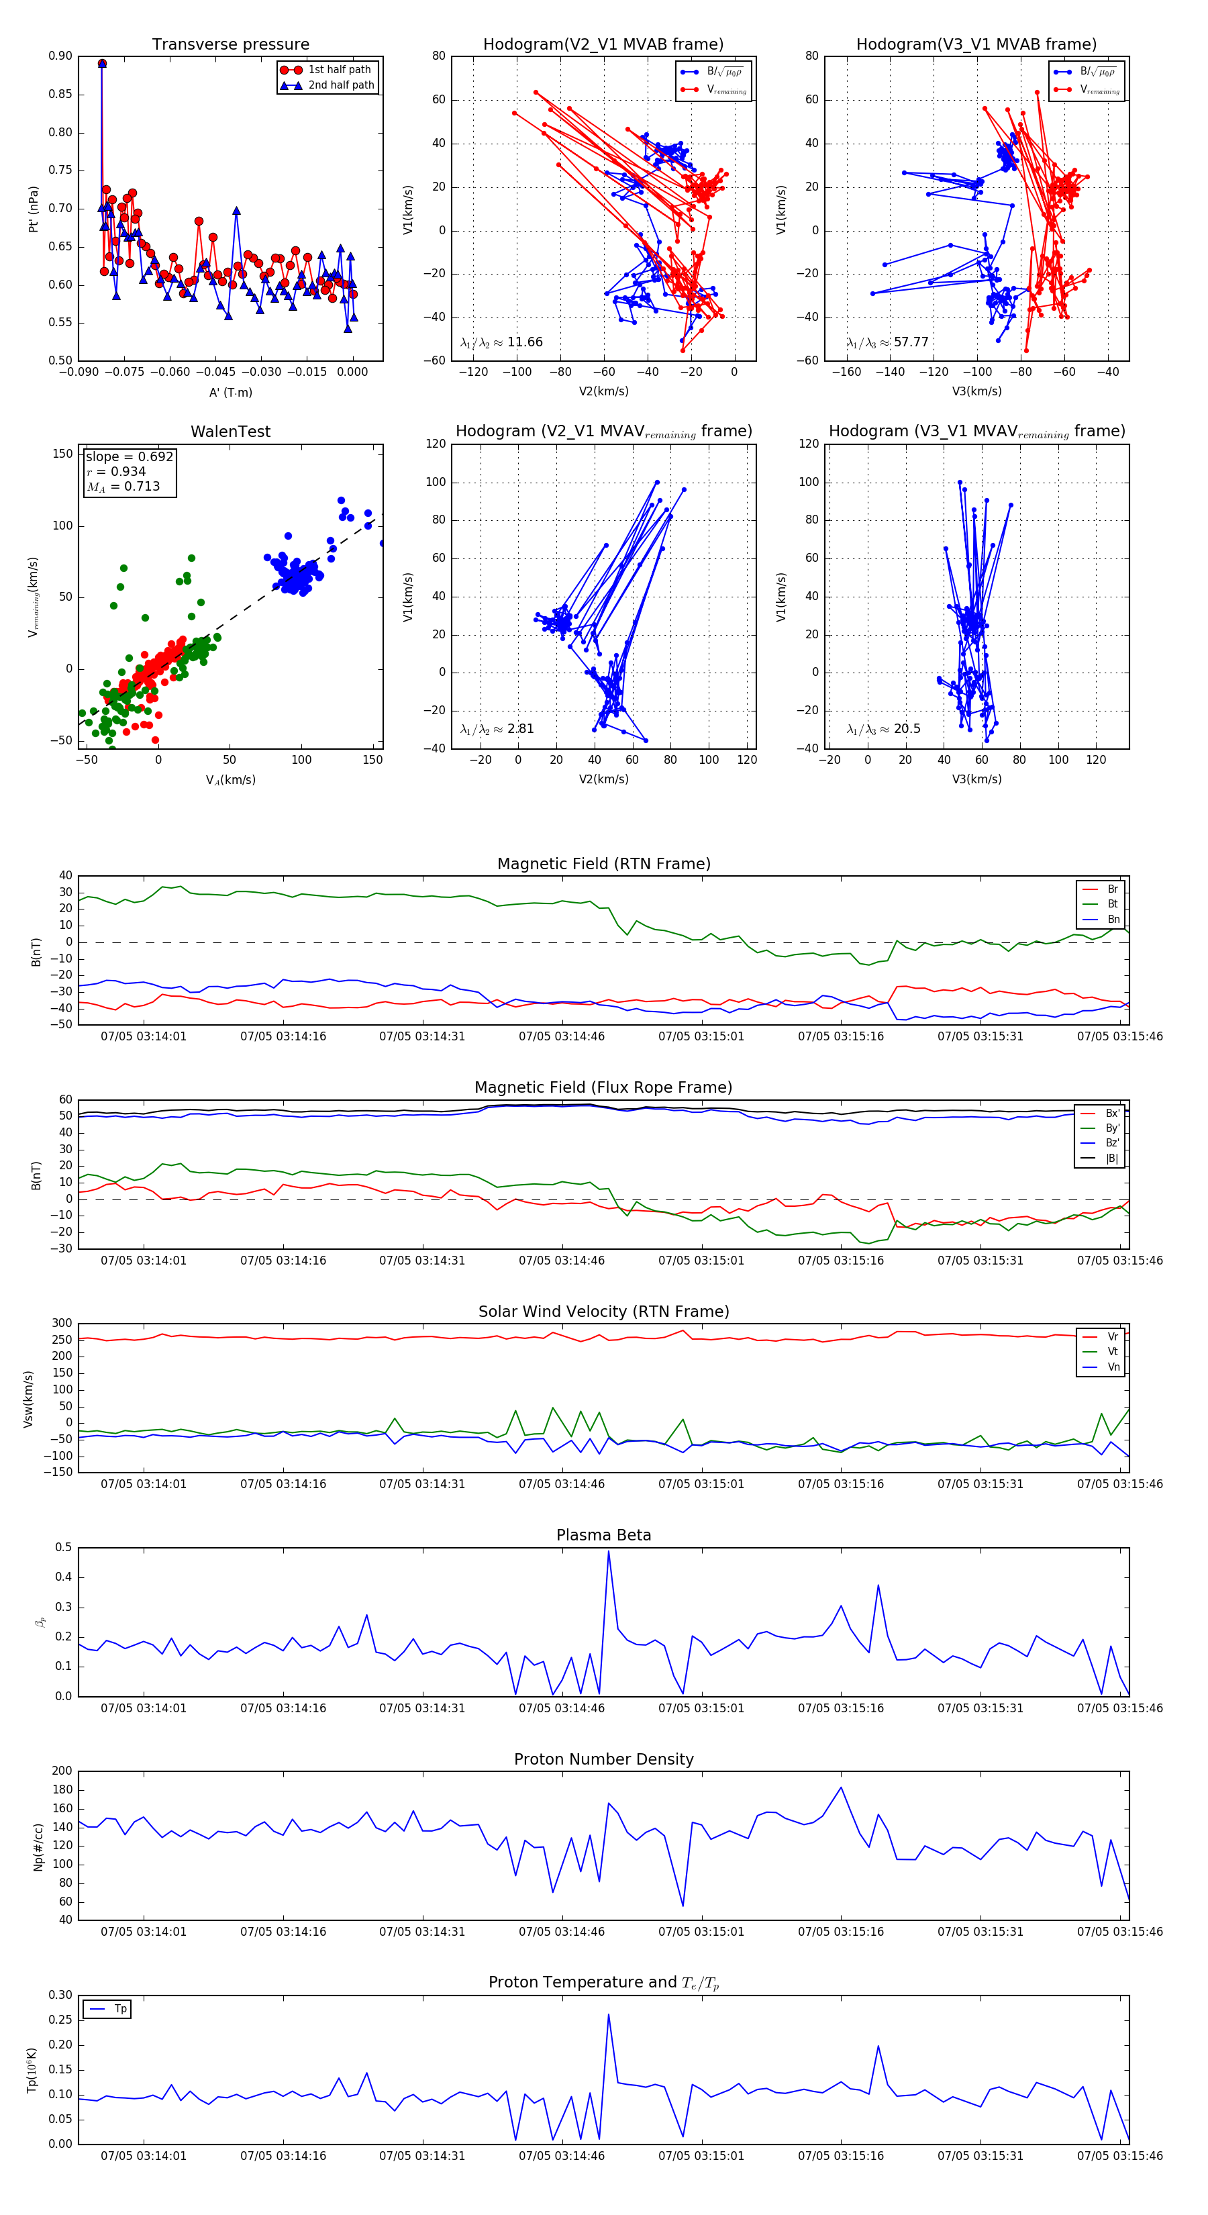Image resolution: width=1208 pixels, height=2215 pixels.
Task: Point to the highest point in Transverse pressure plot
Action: coord(102,64)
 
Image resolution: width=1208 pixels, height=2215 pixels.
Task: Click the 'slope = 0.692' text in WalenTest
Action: coord(129,456)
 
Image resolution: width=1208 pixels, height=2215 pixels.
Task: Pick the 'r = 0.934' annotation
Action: coord(117,471)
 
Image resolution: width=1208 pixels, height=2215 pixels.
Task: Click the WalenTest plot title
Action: coord(230,432)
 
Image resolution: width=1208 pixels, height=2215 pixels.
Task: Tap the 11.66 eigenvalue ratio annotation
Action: coord(501,342)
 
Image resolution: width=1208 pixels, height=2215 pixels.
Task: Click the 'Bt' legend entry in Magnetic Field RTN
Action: coord(1112,903)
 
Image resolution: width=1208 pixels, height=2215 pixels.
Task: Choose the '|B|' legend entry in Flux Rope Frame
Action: coord(1112,1159)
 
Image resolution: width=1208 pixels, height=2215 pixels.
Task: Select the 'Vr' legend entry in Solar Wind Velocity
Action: coord(1113,1337)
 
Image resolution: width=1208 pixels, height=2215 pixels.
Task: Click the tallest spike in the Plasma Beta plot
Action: coord(609,1552)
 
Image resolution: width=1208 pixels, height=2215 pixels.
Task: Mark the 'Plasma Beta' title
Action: coord(603,1536)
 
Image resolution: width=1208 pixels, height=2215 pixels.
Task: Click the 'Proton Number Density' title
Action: coord(603,1759)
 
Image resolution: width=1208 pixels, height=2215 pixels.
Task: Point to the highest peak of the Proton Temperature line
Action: coord(609,2014)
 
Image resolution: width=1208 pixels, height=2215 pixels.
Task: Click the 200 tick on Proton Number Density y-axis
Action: coord(62,1771)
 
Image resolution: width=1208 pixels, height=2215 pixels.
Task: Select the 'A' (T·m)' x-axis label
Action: coord(230,392)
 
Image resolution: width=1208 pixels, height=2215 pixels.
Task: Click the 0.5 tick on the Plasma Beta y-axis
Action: coord(64,1548)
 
